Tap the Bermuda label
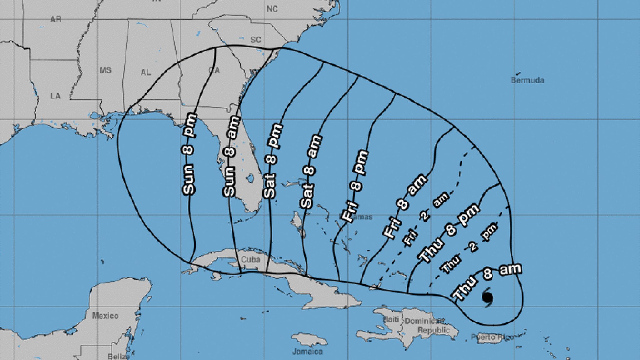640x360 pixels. coord(527,80)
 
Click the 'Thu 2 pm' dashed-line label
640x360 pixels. coord(469,249)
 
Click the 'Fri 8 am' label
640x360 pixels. coord(405,207)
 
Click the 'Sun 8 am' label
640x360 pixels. coord(232,156)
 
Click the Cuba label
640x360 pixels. coord(251,259)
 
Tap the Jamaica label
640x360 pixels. coord(307,352)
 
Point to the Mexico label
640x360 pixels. coord(105,316)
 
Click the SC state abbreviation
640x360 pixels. coord(256,40)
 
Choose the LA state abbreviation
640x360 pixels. coord(55,96)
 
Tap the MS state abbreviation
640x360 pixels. coord(106,70)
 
